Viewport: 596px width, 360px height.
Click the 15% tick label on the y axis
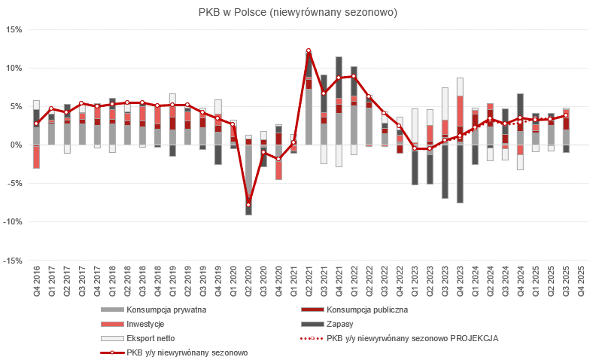pos(14,29)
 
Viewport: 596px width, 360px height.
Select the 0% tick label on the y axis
pos(17,145)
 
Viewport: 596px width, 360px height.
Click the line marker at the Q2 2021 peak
pos(309,50)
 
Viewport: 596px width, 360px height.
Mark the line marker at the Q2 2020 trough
pos(248,205)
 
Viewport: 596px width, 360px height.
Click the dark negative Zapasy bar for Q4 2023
pos(460,174)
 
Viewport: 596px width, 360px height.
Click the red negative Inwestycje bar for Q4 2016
pos(36,157)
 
